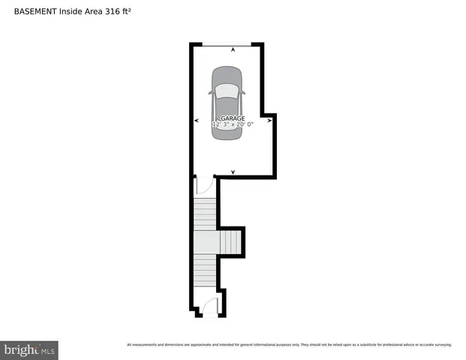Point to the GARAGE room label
233,118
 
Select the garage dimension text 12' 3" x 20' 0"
233,125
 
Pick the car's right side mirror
242,94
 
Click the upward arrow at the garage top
233,49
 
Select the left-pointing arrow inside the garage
197,120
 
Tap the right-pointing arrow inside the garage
269,120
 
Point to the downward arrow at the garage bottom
233,172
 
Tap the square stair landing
205,243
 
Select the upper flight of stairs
205,214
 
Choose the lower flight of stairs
204,277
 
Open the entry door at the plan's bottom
210,307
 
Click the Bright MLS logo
29,350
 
